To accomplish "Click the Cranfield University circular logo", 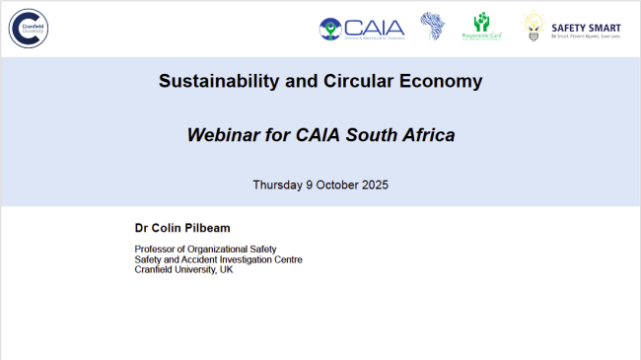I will coord(30,27).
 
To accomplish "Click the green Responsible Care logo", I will coord(482,26).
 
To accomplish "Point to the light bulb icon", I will coord(534,27).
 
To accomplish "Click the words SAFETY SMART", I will coord(586,24).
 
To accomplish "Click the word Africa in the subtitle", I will coord(428,135).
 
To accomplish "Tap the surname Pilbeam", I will coord(209,228).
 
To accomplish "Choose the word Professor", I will coord(157,249).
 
